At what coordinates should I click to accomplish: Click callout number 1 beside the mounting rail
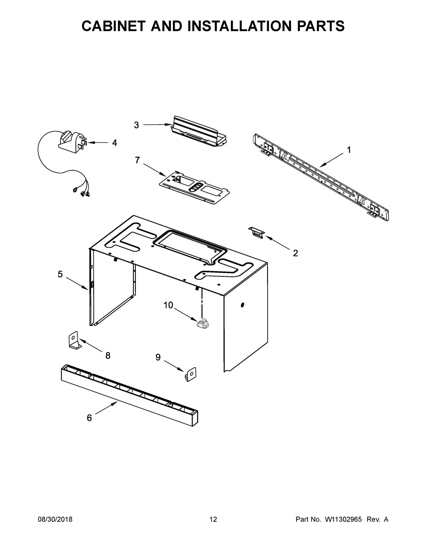click(349, 150)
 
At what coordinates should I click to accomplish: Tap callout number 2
click(295, 253)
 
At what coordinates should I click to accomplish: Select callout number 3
click(136, 125)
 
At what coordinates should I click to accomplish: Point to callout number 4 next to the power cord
click(115, 143)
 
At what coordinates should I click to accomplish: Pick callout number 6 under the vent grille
click(89, 418)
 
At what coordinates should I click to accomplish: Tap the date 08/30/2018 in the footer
click(55, 520)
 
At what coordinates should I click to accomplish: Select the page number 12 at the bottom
click(213, 520)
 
